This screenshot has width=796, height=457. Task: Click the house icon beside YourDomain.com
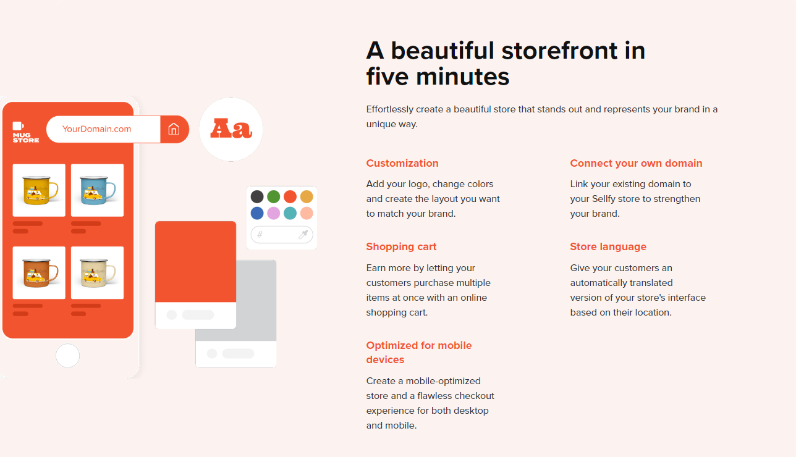click(174, 129)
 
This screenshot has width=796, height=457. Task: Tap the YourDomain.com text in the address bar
click(96, 129)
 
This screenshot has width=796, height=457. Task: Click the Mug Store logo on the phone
click(25, 132)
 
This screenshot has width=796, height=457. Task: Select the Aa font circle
click(231, 129)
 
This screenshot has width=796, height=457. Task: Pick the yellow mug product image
click(39, 190)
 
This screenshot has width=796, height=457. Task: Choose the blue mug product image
click(98, 190)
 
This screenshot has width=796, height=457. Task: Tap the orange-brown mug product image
click(39, 273)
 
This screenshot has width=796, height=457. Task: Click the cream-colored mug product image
click(98, 273)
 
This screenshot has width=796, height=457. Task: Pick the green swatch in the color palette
click(274, 196)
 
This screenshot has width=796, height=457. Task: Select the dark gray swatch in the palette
click(257, 196)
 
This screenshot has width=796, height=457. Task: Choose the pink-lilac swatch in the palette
click(274, 213)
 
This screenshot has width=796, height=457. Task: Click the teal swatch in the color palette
click(290, 213)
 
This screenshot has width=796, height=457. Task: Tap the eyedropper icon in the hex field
click(303, 234)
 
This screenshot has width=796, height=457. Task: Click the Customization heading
click(402, 163)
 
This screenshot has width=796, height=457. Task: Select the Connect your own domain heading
click(636, 163)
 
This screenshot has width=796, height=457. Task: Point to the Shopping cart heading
click(401, 247)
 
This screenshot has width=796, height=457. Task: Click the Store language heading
click(608, 247)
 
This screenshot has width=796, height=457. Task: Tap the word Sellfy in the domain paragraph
click(604, 199)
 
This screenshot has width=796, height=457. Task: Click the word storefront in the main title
click(559, 51)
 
